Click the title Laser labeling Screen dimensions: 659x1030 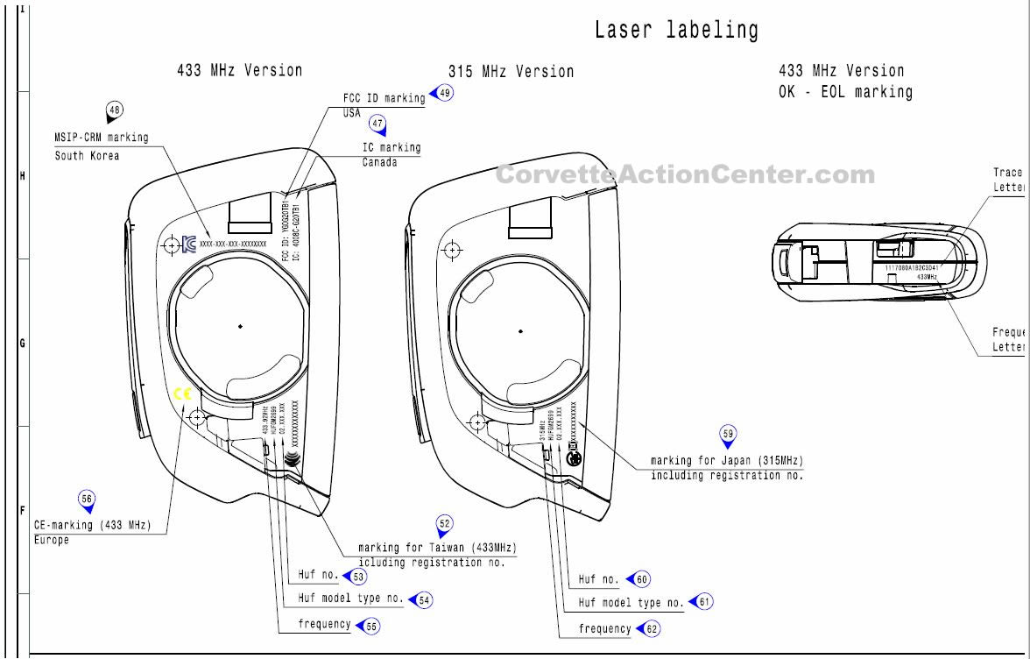tap(676, 30)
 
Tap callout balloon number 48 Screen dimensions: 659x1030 tap(114, 110)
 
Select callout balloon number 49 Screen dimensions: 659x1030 tap(445, 93)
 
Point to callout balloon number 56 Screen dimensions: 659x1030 tap(86, 499)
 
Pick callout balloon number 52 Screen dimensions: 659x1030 tap(445, 524)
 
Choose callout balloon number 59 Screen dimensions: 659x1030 tap(728, 433)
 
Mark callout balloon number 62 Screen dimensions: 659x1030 tap(651, 628)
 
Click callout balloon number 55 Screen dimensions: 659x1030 tap(371, 625)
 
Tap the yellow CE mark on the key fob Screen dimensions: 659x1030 tap(181, 394)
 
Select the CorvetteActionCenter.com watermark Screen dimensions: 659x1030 tap(684, 174)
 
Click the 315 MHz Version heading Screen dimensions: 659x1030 tap(511, 72)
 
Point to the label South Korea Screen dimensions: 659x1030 tap(87, 156)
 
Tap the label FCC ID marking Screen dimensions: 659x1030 tap(384, 98)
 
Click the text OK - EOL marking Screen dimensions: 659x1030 tap(845, 92)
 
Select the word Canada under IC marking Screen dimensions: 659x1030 tap(379, 162)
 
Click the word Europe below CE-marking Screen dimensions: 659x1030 tap(52, 540)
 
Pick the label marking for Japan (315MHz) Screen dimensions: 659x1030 tap(726, 460)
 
